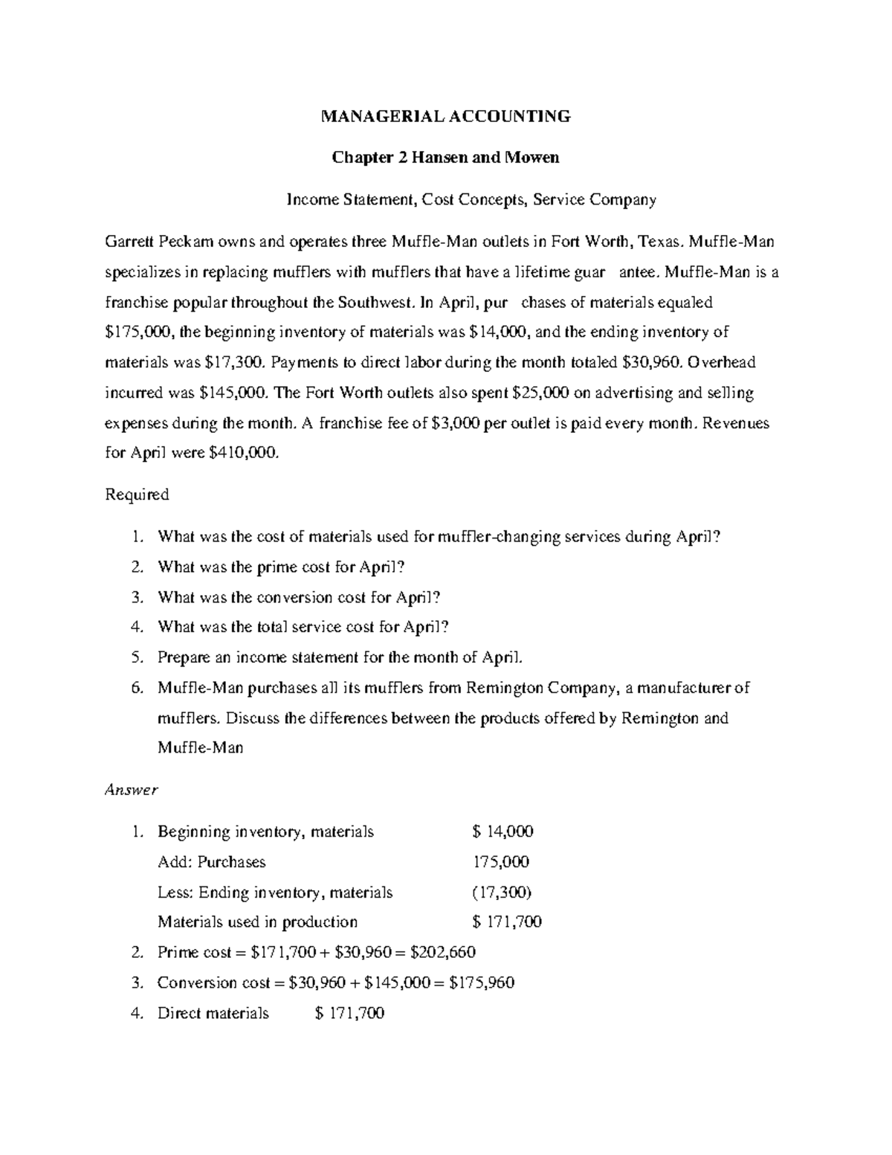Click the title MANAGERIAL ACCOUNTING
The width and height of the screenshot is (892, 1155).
tap(445, 116)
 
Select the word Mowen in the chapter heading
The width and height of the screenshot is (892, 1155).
tap(531, 158)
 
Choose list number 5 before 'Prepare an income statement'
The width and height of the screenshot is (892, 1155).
tap(136, 657)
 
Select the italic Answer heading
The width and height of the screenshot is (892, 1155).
tap(132, 790)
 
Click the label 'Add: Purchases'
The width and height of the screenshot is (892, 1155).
tap(211, 862)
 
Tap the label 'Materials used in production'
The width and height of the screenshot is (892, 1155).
tap(257, 922)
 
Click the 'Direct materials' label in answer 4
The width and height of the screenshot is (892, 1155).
tap(213, 1013)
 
